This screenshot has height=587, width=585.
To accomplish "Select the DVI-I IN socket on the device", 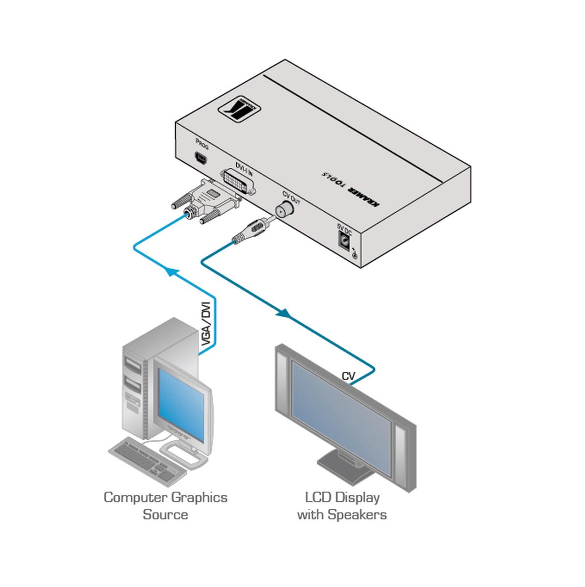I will (239, 181).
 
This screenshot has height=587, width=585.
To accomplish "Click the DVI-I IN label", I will (244, 165).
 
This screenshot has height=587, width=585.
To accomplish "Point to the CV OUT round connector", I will (284, 210).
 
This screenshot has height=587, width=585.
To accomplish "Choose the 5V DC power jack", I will (345, 241).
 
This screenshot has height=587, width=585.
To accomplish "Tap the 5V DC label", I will (344, 227).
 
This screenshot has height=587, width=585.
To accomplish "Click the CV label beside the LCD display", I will (348, 376).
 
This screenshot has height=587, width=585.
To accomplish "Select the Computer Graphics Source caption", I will (165, 506).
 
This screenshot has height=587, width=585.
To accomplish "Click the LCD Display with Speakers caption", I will (342, 506).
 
